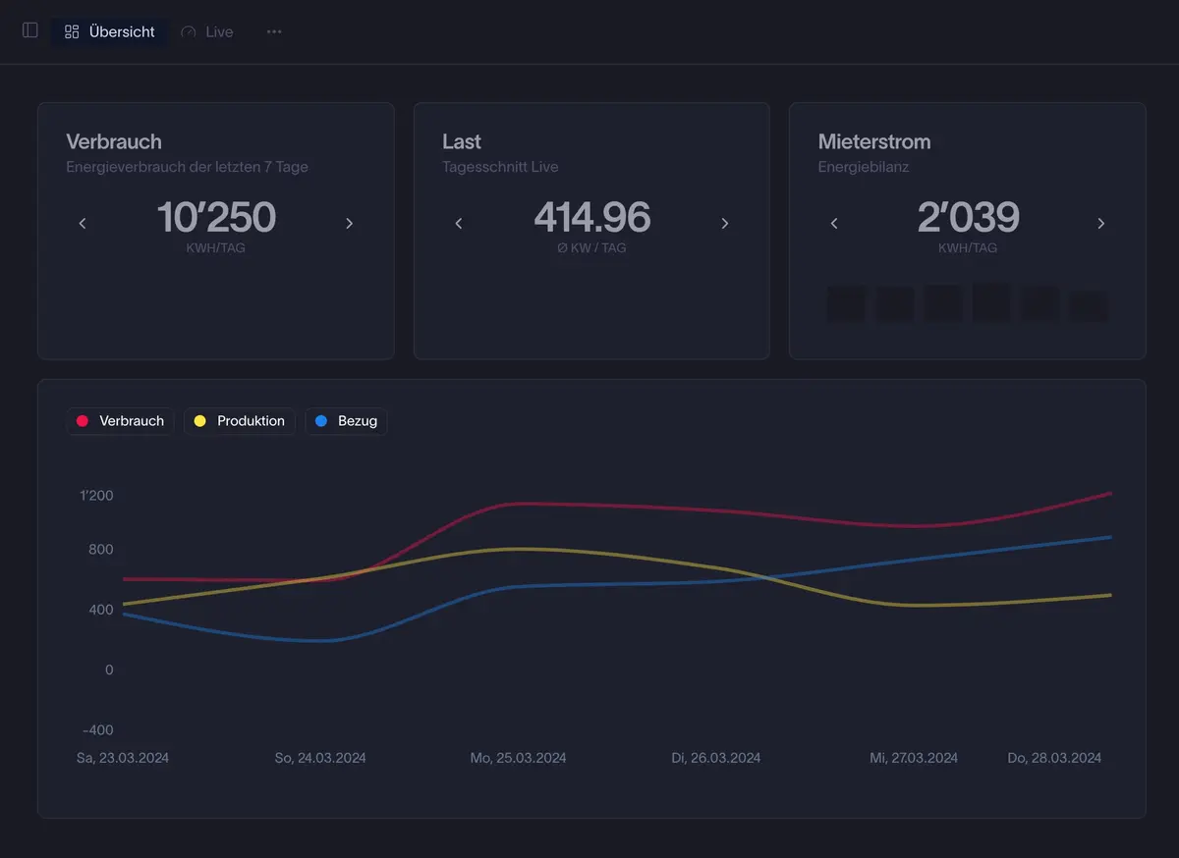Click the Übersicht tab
109,31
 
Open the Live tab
207,31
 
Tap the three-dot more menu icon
274,31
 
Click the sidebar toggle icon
30,30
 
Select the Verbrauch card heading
114,141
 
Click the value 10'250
216,217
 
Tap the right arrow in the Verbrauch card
349,224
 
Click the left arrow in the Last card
459,224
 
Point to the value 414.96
591,217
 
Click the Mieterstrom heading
874,141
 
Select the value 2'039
968,217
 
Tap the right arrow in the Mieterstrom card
1100,224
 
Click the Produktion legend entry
240,421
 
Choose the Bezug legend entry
347,421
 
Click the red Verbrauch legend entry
121,421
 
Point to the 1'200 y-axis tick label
96,496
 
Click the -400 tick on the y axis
96,730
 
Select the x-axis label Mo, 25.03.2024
518,758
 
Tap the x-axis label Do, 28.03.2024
1054,758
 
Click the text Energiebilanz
864,167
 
